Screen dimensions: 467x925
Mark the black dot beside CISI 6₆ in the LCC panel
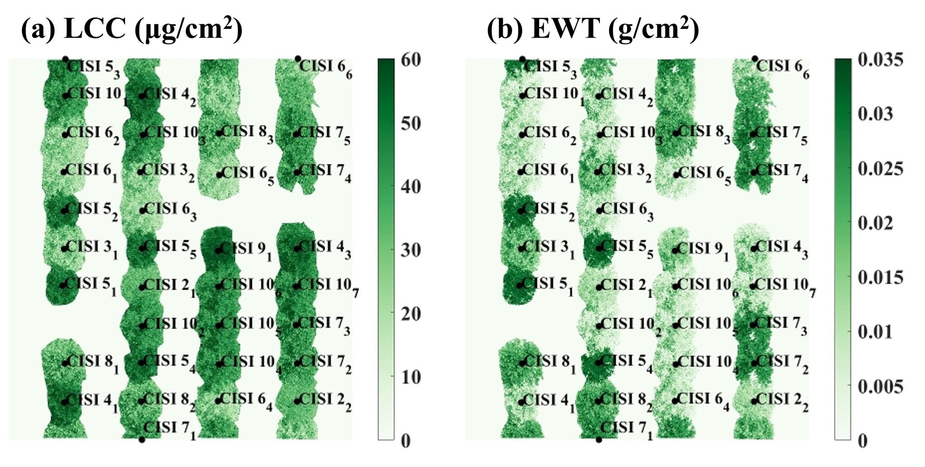pos(298,59)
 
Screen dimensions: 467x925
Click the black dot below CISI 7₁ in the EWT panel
pos(599,439)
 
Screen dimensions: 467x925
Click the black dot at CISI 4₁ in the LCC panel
pos(64,402)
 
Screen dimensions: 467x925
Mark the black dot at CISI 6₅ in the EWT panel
pos(676,175)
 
